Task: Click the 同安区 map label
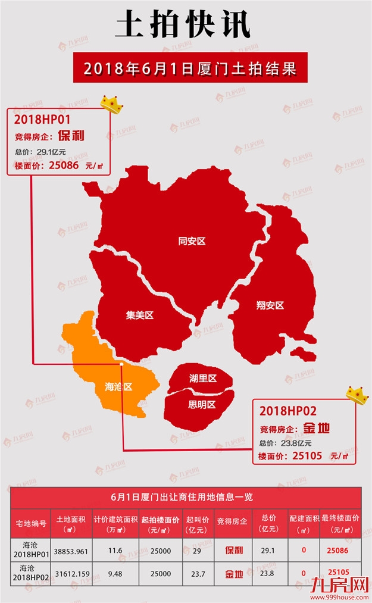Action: coord(192,241)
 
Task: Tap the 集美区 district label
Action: coord(140,315)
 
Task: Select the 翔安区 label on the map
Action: coord(270,305)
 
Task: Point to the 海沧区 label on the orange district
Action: coord(118,387)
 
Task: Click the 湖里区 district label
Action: coord(202,379)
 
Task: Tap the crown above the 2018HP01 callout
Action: coord(111,104)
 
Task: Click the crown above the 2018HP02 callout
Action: coord(357,393)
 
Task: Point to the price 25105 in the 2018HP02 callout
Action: coord(307,456)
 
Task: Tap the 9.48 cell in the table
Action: coord(115,573)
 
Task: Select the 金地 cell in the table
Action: coord(233,574)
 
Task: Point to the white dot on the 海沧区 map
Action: coord(121,363)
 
